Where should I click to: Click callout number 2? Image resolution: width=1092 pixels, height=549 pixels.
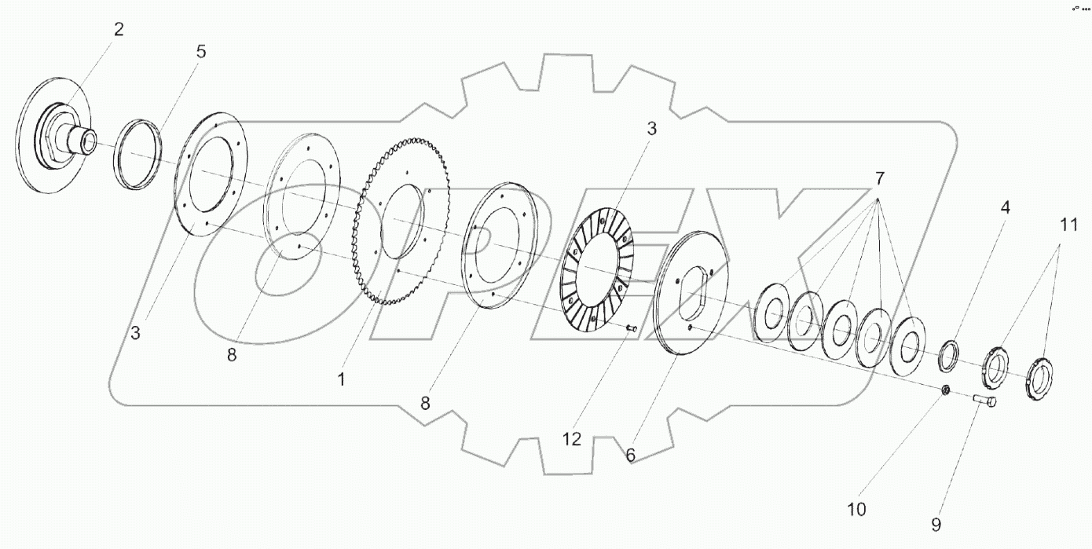pos(119,30)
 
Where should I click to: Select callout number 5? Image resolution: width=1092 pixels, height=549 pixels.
pos(201,52)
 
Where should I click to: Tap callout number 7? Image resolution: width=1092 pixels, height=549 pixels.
pos(879,179)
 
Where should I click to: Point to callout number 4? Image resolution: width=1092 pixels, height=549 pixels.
pos(1005,207)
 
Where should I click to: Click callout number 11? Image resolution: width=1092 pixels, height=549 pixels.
pos(1068,225)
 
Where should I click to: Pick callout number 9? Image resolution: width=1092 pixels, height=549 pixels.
pos(936,525)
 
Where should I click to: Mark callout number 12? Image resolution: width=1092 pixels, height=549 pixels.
pos(572,440)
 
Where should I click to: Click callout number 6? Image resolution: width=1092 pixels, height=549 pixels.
pos(630,456)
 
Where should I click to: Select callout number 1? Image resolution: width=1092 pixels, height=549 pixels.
pos(341,379)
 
